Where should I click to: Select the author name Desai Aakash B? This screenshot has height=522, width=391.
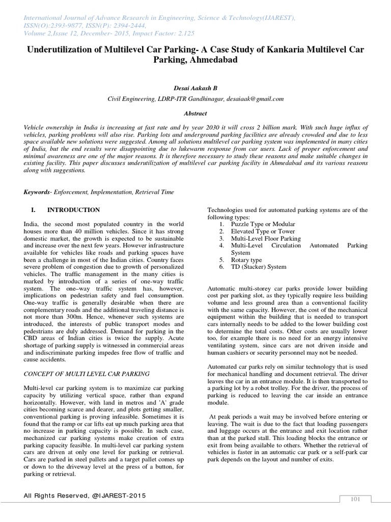(195, 88)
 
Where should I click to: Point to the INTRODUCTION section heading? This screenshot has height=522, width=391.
(73, 210)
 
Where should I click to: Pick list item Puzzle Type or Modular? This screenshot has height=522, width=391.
(263, 224)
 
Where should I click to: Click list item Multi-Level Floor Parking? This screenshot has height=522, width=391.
(266, 238)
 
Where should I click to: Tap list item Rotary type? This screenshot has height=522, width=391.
(246, 259)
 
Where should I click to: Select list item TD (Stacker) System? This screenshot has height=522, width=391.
(259, 267)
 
